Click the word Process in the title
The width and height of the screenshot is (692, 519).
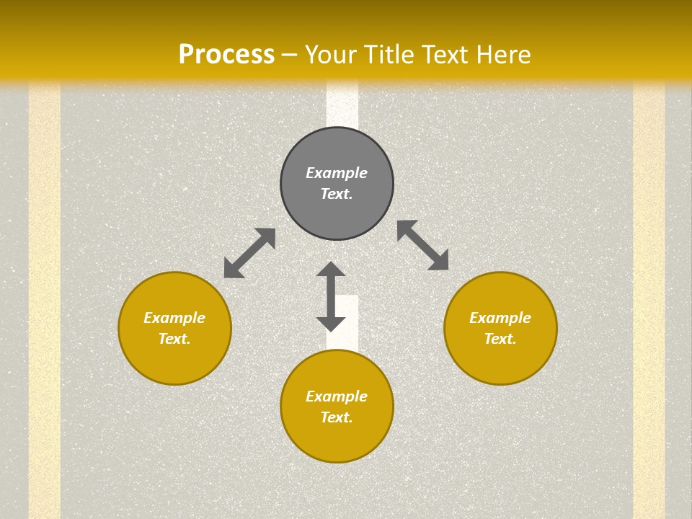pos(226,55)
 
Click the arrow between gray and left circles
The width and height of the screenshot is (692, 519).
pos(249,253)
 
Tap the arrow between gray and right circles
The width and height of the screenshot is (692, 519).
pos(423,246)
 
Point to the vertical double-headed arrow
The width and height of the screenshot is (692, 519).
pos(331,296)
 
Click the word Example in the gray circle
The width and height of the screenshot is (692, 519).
pos(337,173)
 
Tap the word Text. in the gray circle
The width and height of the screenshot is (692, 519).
pos(337,194)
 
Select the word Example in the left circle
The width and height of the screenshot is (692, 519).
pos(174,318)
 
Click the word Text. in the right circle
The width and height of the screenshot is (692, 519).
pos(500,339)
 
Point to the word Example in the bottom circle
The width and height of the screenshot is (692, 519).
pos(337,396)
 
